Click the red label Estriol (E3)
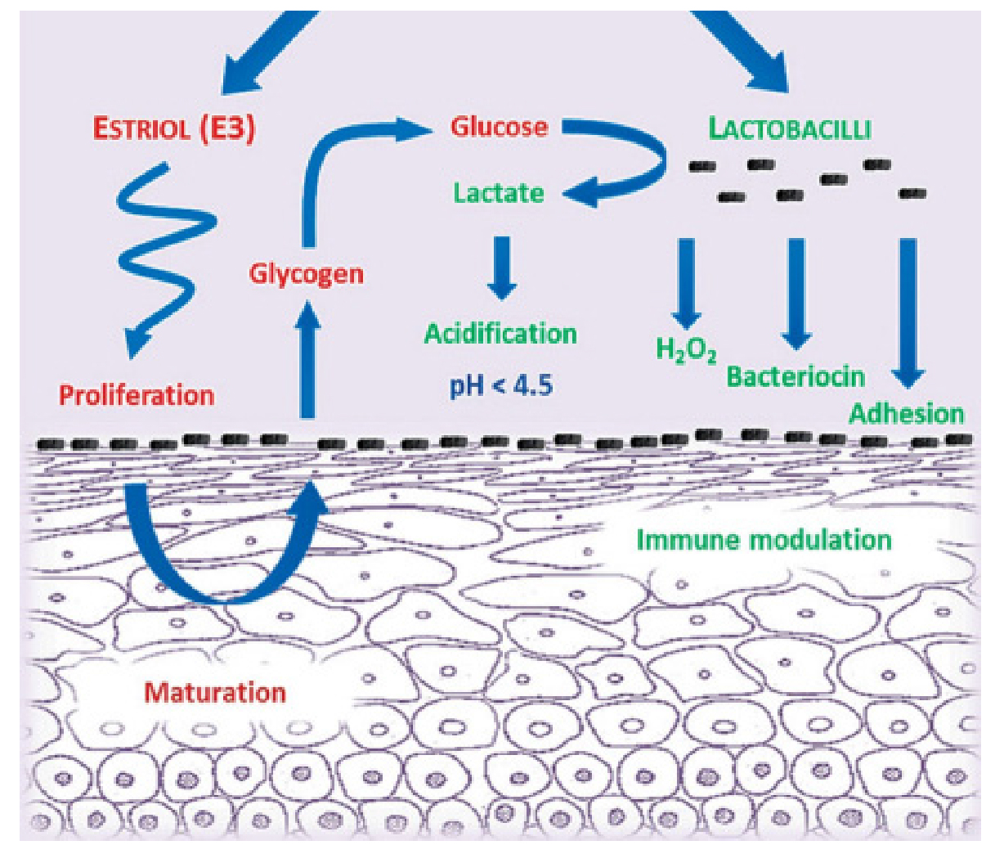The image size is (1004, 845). [x=173, y=129]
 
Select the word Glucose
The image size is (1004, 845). [x=499, y=128]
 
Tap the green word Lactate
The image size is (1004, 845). [x=499, y=193]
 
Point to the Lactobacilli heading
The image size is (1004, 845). [x=789, y=129]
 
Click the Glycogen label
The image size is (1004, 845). [x=306, y=272]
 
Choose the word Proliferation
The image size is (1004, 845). [x=137, y=396]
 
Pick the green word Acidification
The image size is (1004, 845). [x=500, y=334]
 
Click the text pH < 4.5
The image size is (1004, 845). [x=500, y=384]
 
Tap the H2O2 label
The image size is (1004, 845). [x=686, y=350]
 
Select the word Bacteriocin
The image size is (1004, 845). [x=796, y=376]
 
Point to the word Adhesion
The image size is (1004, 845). [x=906, y=413]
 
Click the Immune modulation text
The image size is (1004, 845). [x=764, y=540]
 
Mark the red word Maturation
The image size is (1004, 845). [x=215, y=693]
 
